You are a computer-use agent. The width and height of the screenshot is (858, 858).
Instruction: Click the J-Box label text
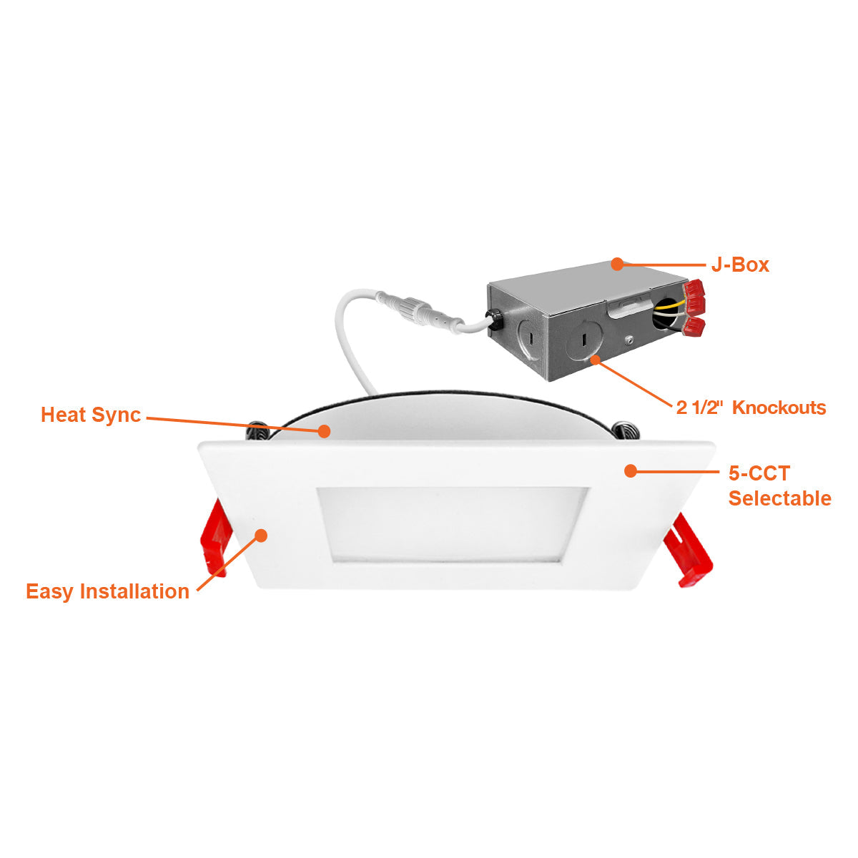[x=739, y=265]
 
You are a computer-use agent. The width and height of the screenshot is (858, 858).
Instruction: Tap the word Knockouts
[x=779, y=408]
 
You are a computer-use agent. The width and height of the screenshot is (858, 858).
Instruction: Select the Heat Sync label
[x=91, y=415]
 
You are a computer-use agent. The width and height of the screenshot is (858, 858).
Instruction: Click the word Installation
[x=134, y=591]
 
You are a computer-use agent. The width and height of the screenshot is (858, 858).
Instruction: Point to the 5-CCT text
[x=759, y=473]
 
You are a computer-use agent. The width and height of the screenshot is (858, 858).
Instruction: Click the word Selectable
[x=779, y=498]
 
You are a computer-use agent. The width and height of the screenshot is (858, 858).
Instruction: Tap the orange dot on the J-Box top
[x=616, y=264]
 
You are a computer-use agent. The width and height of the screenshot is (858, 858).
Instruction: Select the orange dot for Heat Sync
[x=324, y=431]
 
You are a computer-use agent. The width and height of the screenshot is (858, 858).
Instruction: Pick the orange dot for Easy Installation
[x=262, y=536]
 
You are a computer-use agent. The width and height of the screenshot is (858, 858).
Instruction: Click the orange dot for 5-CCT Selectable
[x=631, y=470]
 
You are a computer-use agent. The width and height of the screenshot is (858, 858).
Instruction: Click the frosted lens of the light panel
[x=452, y=524]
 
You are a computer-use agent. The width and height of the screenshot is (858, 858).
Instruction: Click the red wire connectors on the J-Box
[x=694, y=307]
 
